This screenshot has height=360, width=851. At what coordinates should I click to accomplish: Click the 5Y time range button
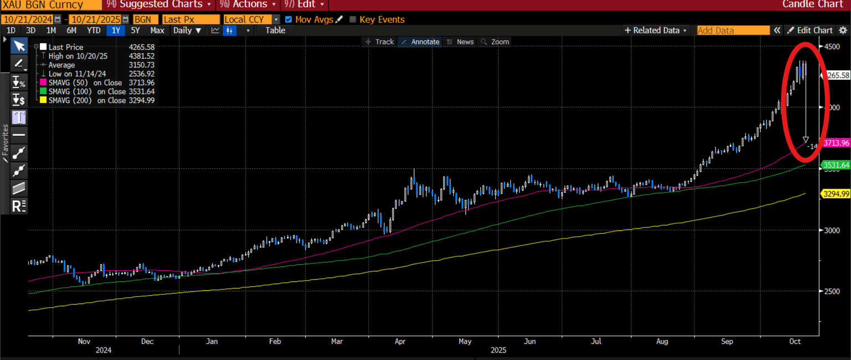point(135,30)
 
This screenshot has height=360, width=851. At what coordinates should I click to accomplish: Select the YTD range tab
point(94,30)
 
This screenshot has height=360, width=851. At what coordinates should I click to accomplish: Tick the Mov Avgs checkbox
point(288,19)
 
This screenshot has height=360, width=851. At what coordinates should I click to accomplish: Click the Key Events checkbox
point(353,19)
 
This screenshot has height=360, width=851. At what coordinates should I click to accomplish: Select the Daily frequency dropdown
point(186,30)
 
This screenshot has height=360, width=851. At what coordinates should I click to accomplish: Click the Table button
point(275,30)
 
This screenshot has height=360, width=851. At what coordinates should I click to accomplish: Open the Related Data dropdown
point(656,30)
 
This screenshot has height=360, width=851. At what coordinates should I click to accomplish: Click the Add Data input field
point(732,30)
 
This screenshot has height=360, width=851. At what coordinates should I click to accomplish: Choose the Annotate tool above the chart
point(421,42)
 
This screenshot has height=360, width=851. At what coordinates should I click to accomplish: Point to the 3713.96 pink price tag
point(836,143)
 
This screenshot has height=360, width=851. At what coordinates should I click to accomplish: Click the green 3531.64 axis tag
point(836,165)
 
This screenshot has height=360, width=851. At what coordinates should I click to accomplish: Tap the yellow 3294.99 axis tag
point(836,194)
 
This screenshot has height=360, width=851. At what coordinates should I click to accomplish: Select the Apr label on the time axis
point(400,342)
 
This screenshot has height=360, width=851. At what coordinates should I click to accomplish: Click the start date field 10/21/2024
point(28,19)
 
